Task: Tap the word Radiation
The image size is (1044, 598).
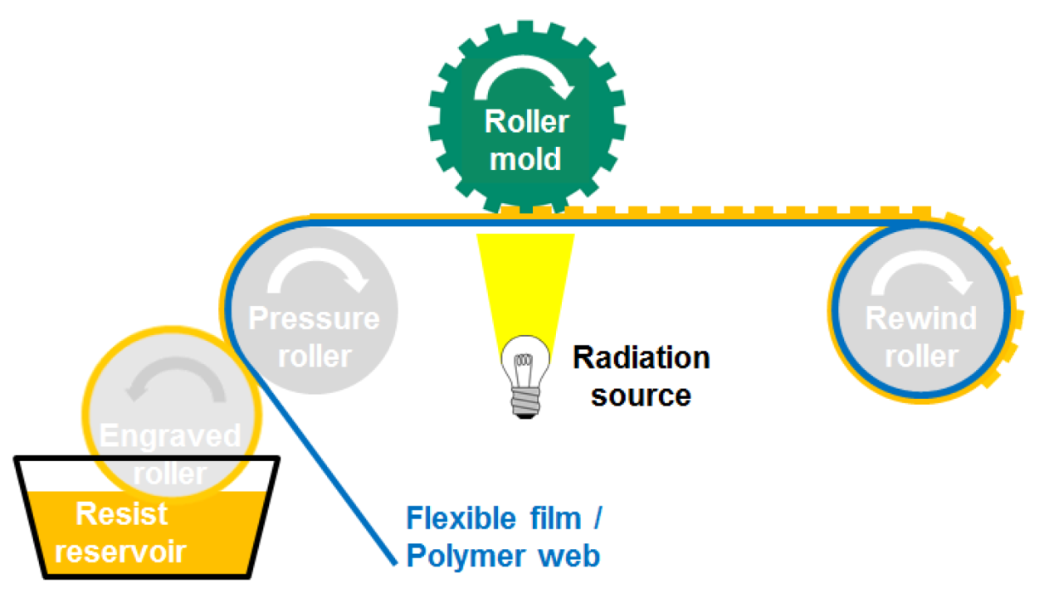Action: [x=641, y=358]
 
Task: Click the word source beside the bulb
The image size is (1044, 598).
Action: [x=641, y=395]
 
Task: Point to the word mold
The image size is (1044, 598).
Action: [x=525, y=158]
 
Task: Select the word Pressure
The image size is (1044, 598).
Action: [x=314, y=318]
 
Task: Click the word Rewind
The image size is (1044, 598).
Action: [x=921, y=318]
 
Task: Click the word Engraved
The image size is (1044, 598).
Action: [x=169, y=435]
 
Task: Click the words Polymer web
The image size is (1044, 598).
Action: [x=503, y=557]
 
